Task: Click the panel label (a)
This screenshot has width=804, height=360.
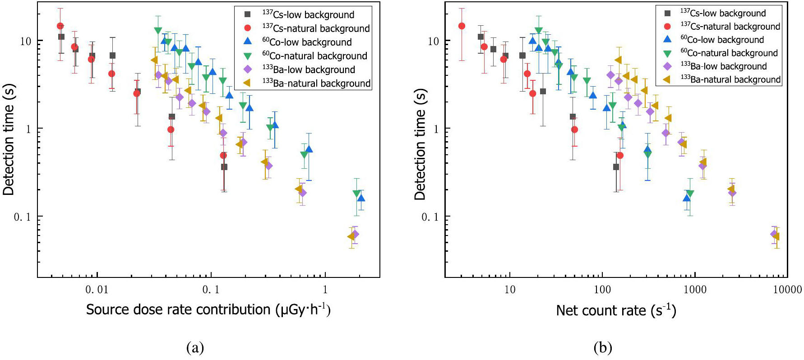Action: pyautogui.click(x=195, y=348)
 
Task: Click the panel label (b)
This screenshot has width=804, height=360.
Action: pyautogui.click(x=603, y=348)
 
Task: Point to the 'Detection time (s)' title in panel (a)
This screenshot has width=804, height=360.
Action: pyautogui.click(x=9, y=139)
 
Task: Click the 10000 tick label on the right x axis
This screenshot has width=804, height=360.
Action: pyautogui.click(x=787, y=290)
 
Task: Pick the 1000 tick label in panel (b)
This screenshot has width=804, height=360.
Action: pyautogui.click(x=695, y=290)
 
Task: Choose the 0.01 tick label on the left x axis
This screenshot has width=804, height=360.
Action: pyautogui.click(x=97, y=290)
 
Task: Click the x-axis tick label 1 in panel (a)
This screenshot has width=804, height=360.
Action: pyautogui.click(x=325, y=290)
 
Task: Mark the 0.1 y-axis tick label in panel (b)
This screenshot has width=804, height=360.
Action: pyautogui.click(x=430, y=217)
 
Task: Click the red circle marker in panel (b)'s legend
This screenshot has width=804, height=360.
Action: pyautogui.click(x=667, y=27)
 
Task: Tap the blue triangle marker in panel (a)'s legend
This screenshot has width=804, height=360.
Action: pyautogui.click(x=247, y=42)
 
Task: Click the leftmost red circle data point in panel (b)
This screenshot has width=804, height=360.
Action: pyautogui.click(x=462, y=26)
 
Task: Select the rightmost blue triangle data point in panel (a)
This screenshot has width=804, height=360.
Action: pyautogui.click(x=360, y=198)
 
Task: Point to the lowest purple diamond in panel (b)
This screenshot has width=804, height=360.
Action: pyautogui.click(x=774, y=234)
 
